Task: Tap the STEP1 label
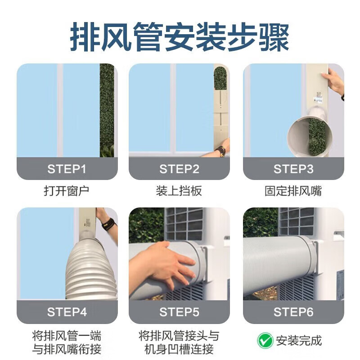coord(67,169)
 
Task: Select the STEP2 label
coord(179,169)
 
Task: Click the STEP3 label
coord(293,169)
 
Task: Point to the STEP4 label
coord(67,312)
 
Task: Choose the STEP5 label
coord(179,312)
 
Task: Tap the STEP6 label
coord(293,312)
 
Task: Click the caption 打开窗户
coord(67,191)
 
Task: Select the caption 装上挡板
coord(179,191)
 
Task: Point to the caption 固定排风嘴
coord(293,191)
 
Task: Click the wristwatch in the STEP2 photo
coord(220,151)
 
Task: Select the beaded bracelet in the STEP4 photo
coord(108,224)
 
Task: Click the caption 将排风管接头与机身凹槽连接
coord(179,342)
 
